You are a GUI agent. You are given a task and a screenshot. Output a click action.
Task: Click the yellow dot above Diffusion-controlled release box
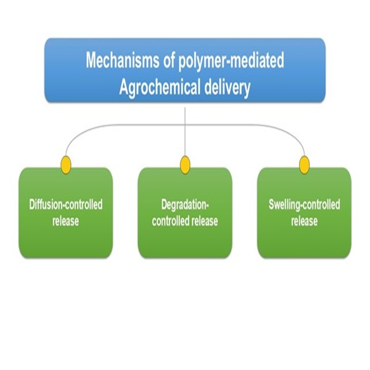pos(65,164)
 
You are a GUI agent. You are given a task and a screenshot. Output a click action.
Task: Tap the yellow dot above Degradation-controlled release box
pos(184,164)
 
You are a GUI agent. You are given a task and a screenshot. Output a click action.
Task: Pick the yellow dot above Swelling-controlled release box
pos(303,164)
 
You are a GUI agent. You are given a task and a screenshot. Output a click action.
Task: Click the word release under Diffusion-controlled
pos(65,221)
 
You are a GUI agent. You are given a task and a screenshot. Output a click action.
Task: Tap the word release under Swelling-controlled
pos(304,221)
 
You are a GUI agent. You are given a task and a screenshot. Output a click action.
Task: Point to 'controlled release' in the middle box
pos(184,221)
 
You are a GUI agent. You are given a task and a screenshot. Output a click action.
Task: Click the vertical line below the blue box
pos(185,114)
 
